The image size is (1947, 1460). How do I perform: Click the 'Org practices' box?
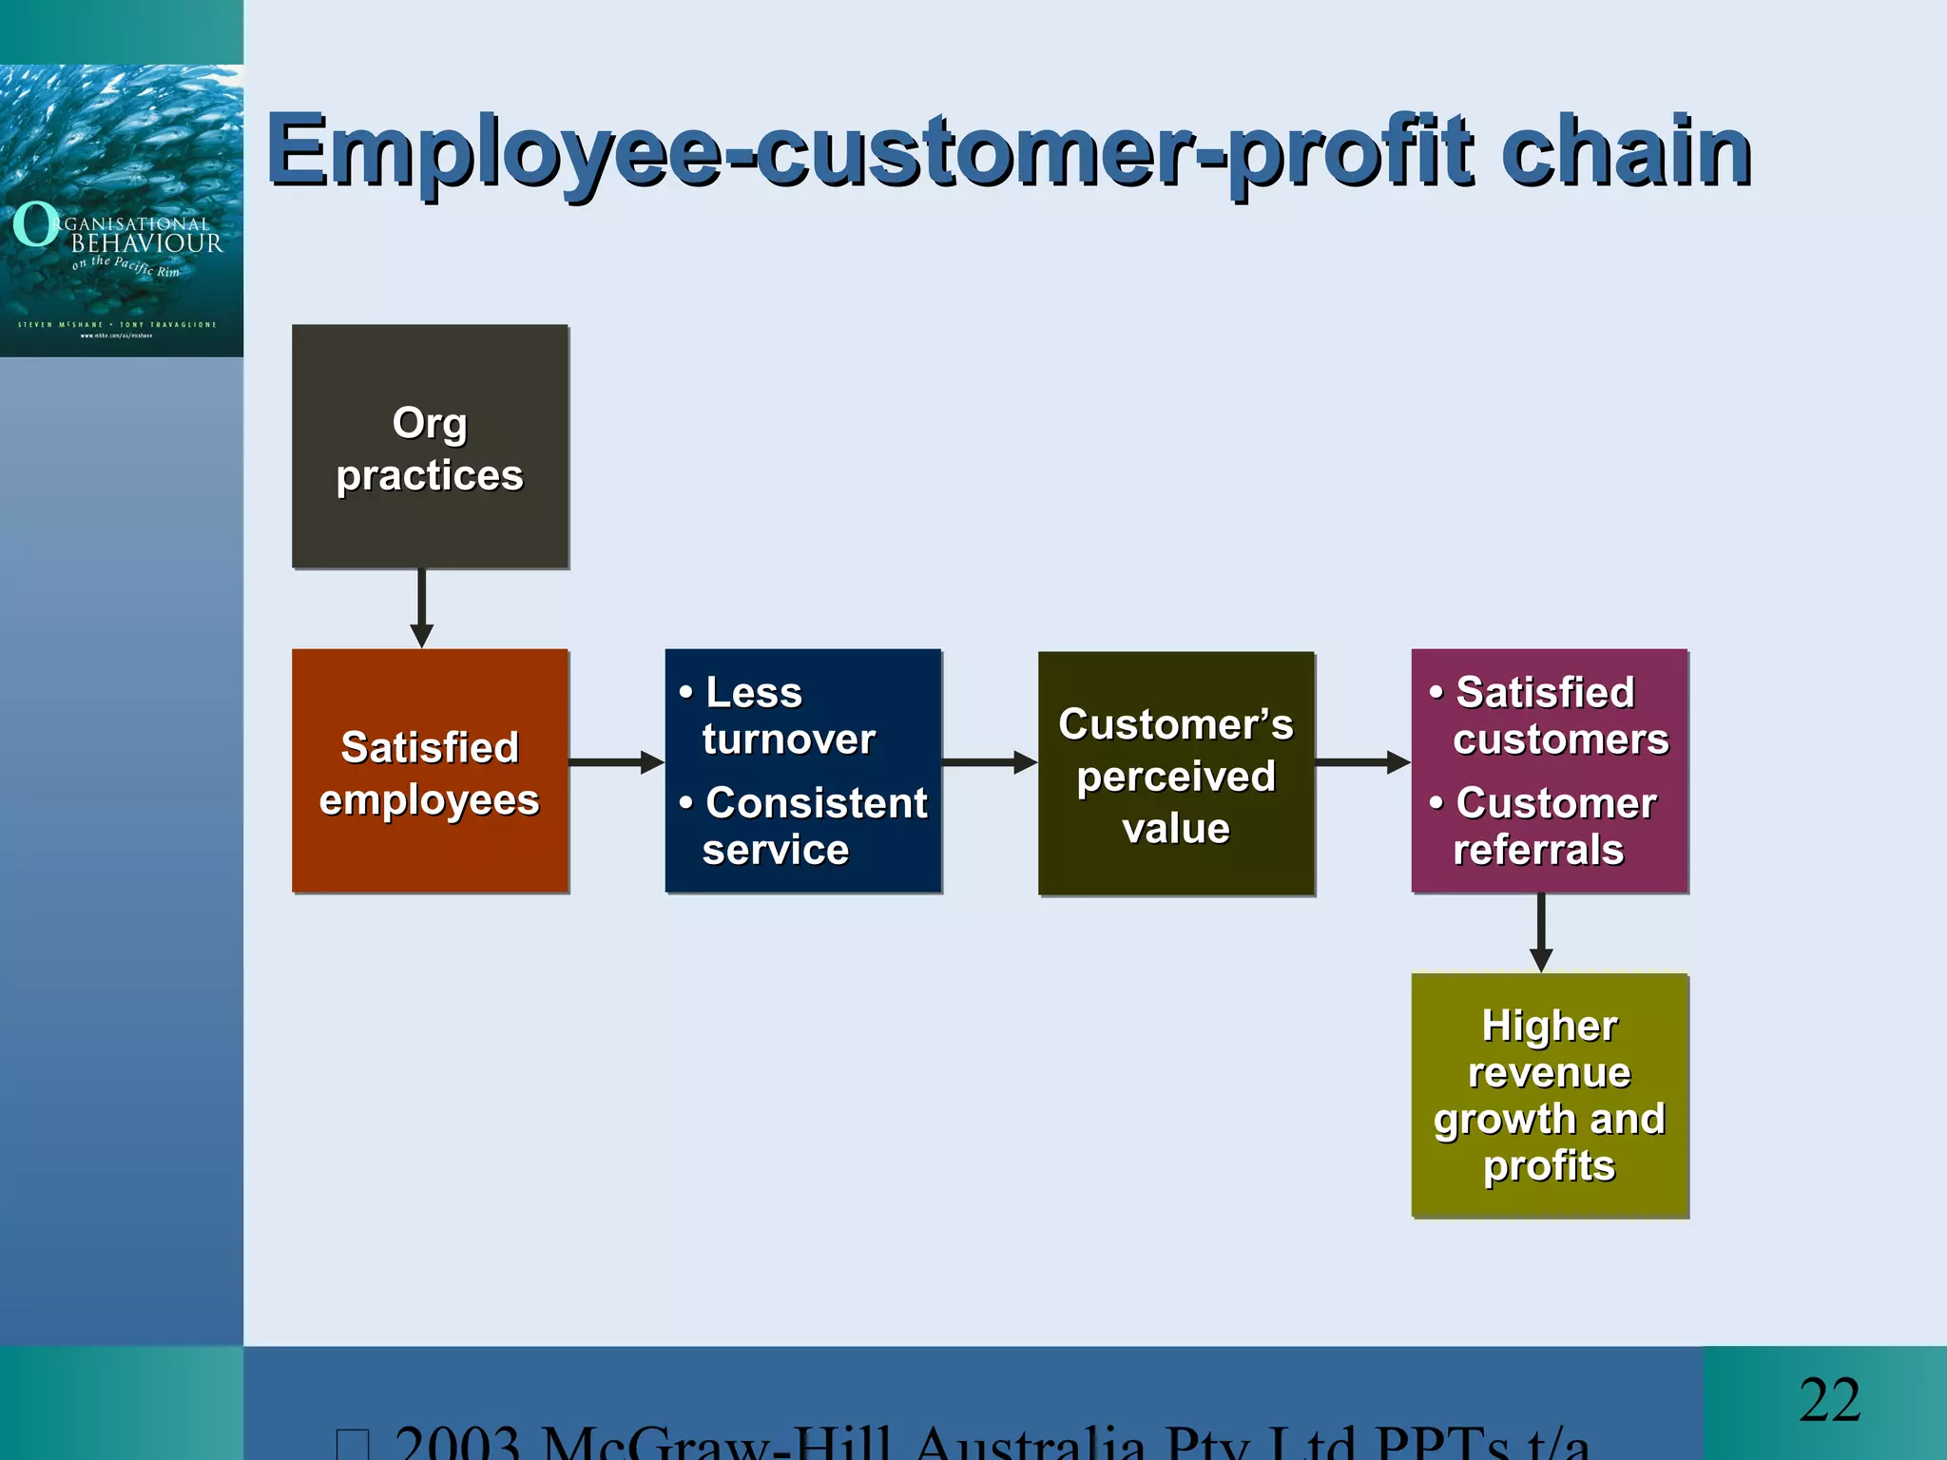coord(430,447)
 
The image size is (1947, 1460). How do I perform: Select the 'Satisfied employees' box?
coord(430,772)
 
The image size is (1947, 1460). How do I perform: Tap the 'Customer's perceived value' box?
coord(1176,774)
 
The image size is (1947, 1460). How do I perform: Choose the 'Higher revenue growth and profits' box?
coord(1550,1095)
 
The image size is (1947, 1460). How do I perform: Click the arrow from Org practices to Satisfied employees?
coord(422,608)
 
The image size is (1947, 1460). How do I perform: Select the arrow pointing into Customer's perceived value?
coord(989,762)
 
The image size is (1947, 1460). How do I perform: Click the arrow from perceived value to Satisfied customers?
coord(1362,762)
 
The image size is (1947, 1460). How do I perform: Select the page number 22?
coord(1829,1400)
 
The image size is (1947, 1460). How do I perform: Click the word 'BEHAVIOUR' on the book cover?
coord(147,243)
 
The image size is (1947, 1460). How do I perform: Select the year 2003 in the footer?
coord(457,1443)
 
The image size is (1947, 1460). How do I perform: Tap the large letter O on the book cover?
coord(35,224)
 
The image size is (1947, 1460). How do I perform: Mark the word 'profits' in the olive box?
coord(1550,1165)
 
